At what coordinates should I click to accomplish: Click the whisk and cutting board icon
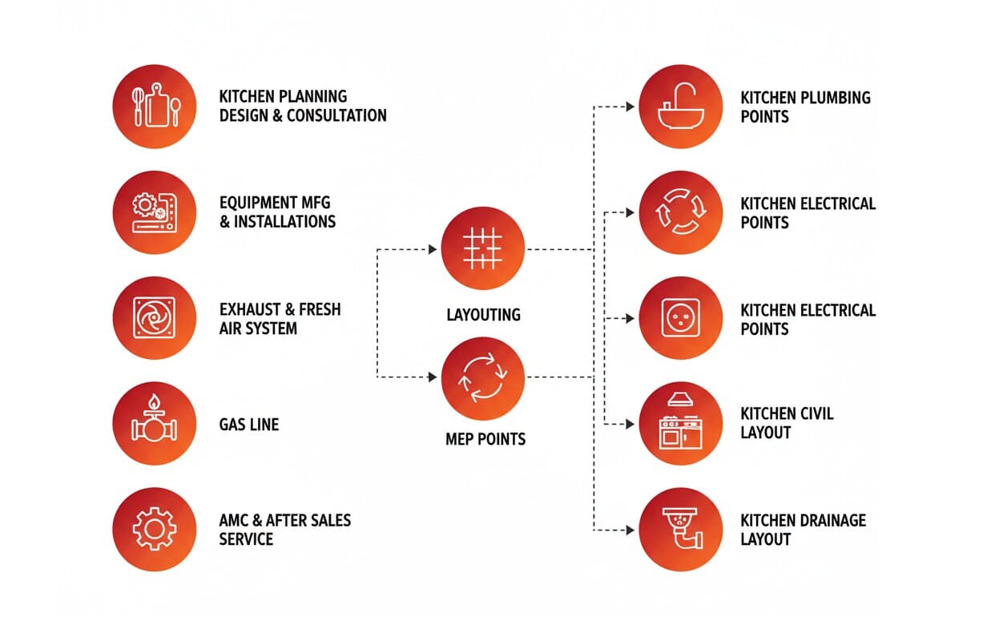pos(155,107)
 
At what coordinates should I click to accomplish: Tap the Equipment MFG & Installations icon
pos(155,212)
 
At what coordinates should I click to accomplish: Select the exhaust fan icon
pos(155,318)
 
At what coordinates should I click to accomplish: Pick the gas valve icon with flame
pos(155,423)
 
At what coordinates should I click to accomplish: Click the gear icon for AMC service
pos(155,529)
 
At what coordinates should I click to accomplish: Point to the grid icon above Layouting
pos(483,248)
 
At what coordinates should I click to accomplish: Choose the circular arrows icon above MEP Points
pos(483,377)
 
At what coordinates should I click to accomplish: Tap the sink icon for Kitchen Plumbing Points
pos(680,107)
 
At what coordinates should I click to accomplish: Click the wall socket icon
pos(680,318)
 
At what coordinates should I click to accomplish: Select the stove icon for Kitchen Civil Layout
pos(680,423)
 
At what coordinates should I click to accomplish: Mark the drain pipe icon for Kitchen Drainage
pos(680,529)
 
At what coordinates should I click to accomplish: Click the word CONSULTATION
pos(336,115)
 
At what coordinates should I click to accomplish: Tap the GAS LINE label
pos(249,425)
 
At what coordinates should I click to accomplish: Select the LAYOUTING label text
pos(483,315)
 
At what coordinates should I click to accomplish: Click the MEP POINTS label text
pos(485,439)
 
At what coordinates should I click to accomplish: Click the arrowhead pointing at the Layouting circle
pos(433,250)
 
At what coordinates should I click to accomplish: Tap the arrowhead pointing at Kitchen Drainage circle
pos(630,530)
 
